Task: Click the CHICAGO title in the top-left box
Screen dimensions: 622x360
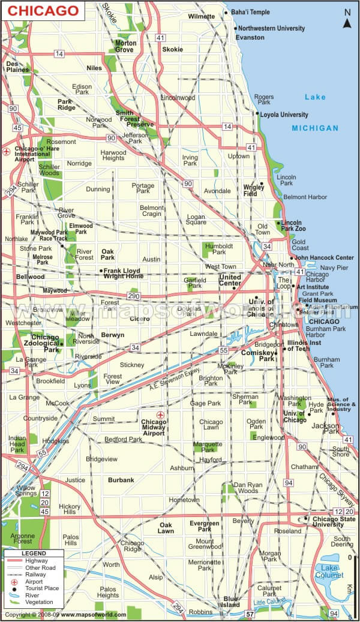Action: click(43, 11)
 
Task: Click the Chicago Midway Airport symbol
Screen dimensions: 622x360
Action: click(160, 414)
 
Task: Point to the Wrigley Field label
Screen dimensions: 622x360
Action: click(254, 190)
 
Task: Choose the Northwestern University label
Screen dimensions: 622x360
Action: click(271, 28)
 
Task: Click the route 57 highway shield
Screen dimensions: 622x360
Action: click(251, 614)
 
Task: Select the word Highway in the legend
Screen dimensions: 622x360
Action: click(37, 560)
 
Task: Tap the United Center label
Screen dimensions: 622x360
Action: click(230, 280)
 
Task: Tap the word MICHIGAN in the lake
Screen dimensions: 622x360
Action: click(315, 128)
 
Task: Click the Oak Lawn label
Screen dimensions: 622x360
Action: click(166, 527)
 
